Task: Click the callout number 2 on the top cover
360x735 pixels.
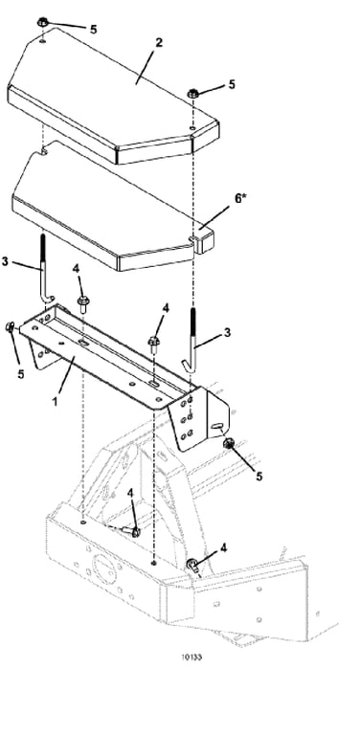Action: click(158, 43)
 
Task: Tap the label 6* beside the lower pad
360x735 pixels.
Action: click(240, 198)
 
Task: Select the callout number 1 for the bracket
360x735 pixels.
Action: click(56, 401)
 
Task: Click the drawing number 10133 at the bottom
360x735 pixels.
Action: click(191, 657)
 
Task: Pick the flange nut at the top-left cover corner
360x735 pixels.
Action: click(43, 22)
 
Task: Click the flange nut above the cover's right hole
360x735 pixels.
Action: click(192, 93)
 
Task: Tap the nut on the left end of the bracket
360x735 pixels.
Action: click(10, 327)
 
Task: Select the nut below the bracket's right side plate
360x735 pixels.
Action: click(228, 443)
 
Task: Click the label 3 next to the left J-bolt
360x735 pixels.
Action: click(5, 261)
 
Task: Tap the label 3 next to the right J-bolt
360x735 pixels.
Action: click(227, 332)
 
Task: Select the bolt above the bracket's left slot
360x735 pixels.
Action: click(83, 302)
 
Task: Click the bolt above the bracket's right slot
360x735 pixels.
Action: click(154, 345)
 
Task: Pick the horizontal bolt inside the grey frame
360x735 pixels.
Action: click(130, 531)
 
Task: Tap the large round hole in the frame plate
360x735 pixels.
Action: click(103, 568)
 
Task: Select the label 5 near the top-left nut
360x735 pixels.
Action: click(93, 29)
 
